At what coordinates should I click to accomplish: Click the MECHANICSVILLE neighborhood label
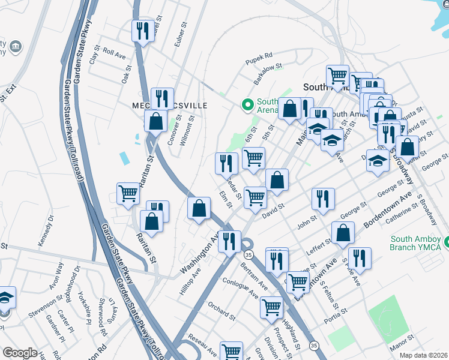tap(169, 106)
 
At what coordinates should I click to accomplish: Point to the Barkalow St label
tap(267, 74)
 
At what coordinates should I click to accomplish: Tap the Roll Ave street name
tap(114, 53)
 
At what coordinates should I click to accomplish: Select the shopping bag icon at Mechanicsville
tap(156, 121)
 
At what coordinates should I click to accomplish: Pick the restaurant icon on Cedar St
tap(226, 162)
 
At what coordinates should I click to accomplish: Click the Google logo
tap(20, 353)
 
